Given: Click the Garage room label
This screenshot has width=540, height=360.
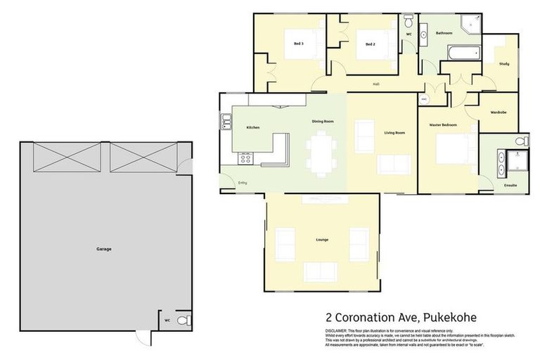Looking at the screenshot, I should (x=103, y=249).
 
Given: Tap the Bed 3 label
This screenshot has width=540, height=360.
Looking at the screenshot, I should (x=299, y=44).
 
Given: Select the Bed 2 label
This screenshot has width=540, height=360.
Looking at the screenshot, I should (x=371, y=44).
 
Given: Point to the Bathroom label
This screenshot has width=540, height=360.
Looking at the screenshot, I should (x=444, y=33).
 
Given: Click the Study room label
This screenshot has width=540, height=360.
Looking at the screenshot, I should (x=503, y=64).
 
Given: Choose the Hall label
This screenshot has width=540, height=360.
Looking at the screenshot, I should (x=377, y=85).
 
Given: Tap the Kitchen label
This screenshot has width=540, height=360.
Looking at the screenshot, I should (x=253, y=127).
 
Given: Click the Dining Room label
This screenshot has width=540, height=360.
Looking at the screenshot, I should (x=323, y=122).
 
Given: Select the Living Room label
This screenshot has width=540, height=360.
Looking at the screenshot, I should (x=394, y=132).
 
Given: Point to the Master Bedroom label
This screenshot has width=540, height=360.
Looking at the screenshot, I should (x=443, y=124).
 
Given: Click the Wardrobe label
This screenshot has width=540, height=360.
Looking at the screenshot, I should (x=499, y=112).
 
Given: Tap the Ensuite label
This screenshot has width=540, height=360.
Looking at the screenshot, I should (x=510, y=185).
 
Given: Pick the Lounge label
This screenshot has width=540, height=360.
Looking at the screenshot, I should (x=322, y=240).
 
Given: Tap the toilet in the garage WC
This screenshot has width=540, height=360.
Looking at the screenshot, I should (x=182, y=321).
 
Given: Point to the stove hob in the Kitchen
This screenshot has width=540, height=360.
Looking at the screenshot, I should (x=245, y=159).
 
